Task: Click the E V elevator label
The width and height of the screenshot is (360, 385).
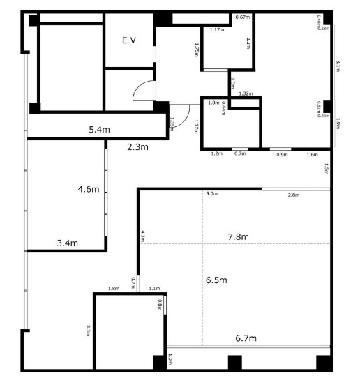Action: point(129,41)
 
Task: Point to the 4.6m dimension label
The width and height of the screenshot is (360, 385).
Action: point(89,189)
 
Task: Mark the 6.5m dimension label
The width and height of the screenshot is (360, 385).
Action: point(218,279)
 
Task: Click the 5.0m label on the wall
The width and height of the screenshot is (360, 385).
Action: point(211,193)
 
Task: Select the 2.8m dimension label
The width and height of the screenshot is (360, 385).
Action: point(294,195)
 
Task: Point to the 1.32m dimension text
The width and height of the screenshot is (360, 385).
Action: point(246,93)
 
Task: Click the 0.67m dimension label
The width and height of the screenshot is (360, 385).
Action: point(243,17)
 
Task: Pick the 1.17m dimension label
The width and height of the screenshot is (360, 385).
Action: point(216,30)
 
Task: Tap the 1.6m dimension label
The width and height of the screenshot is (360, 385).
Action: point(312,154)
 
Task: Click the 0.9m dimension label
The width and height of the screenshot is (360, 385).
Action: point(283,154)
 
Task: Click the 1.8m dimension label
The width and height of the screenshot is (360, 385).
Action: point(113,288)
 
